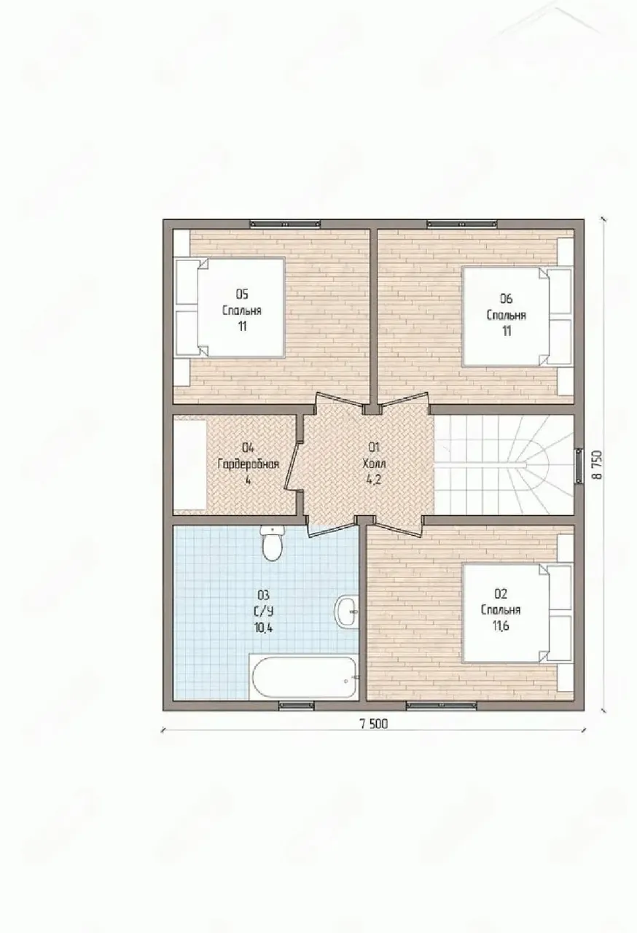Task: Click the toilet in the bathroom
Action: (273, 543)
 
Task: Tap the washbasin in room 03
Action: (347, 611)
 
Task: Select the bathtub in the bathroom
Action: (303, 677)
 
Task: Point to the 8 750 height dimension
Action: (598, 464)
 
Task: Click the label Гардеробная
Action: (248, 464)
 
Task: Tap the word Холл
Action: (375, 464)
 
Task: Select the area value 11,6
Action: (501, 626)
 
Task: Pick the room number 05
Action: (242, 294)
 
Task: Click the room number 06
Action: (507, 299)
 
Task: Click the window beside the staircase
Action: (579, 466)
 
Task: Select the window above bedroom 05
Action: (285, 224)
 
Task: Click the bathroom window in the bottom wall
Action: (296, 705)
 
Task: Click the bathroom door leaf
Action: (332, 530)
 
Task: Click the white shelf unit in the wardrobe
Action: (189, 465)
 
